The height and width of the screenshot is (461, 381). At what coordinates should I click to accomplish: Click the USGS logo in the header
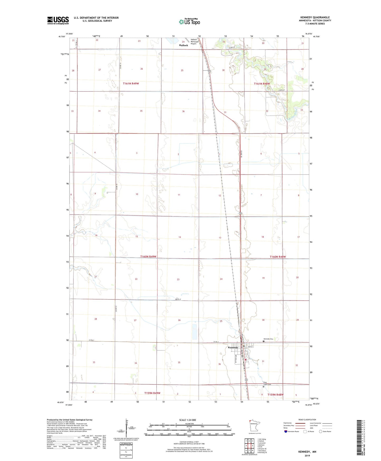(58, 20)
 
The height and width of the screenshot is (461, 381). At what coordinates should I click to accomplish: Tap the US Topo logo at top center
(189, 22)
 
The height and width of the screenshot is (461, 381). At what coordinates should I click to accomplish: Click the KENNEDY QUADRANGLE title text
(315, 17)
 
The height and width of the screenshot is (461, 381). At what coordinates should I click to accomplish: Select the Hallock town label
(184, 45)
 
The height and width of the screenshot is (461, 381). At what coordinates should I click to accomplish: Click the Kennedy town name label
(233, 347)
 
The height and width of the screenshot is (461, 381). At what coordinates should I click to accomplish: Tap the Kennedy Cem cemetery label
(268, 339)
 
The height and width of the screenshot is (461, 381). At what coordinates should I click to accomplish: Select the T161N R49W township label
(131, 83)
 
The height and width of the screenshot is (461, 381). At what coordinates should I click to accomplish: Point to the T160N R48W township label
(278, 257)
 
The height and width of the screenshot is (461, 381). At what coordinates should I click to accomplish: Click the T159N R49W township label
(152, 393)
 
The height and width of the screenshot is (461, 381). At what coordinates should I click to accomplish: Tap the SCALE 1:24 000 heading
(187, 420)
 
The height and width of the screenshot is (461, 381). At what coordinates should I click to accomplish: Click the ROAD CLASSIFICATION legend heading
(307, 420)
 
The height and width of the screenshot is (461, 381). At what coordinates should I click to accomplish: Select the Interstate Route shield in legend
(286, 431)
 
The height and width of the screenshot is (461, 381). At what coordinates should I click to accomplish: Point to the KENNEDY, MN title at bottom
(307, 452)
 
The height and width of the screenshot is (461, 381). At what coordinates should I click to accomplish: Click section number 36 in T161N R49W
(183, 111)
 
